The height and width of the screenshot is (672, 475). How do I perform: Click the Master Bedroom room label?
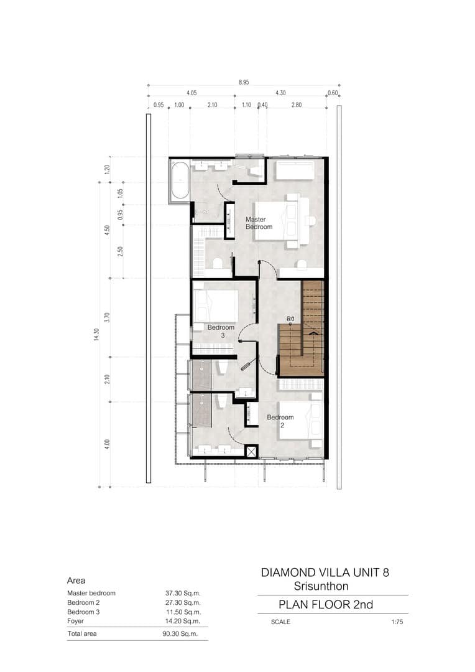[x=259, y=223]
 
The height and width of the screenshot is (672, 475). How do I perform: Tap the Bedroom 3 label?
[x=221, y=331]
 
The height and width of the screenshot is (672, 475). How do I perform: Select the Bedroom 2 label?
[x=280, y=421]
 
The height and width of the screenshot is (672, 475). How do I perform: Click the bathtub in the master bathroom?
[x=180, y=180]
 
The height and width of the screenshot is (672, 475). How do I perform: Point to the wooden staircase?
[x=301, y=329]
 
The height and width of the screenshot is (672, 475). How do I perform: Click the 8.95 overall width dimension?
[x=244, y=82]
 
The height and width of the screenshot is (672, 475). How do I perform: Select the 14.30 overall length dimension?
[x=96, y=334]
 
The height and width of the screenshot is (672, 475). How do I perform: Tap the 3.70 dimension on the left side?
[x=107, y=317]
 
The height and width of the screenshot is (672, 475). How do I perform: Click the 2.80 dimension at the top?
[x=297, y=105]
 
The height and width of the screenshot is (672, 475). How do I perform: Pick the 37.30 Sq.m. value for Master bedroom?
[x=183, y=594]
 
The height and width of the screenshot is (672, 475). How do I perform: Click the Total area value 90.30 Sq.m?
[x=180, y=634]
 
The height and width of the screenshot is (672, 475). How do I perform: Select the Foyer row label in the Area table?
[x=75, y=621]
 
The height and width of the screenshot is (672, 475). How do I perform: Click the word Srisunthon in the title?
[x=321, y=586]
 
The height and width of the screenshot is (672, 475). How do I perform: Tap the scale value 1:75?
[x=397, y=622]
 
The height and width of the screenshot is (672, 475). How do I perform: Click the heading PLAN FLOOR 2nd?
[x=326, y=605]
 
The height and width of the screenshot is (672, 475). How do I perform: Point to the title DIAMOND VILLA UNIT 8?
[x=325, y=572]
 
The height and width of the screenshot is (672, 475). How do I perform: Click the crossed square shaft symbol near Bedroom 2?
[x=251, y=451]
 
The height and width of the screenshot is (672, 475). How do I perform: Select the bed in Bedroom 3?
[x=216, y=306]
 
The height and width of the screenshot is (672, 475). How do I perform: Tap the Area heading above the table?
[x=76, y=581]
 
